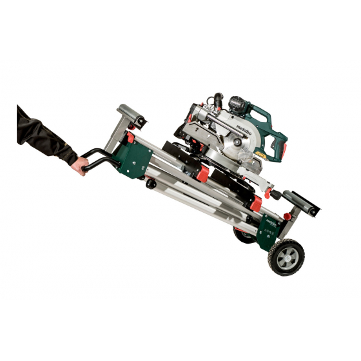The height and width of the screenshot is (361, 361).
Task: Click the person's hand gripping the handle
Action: pos(78,167)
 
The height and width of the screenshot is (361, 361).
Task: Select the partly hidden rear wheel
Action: pos(244,234)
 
